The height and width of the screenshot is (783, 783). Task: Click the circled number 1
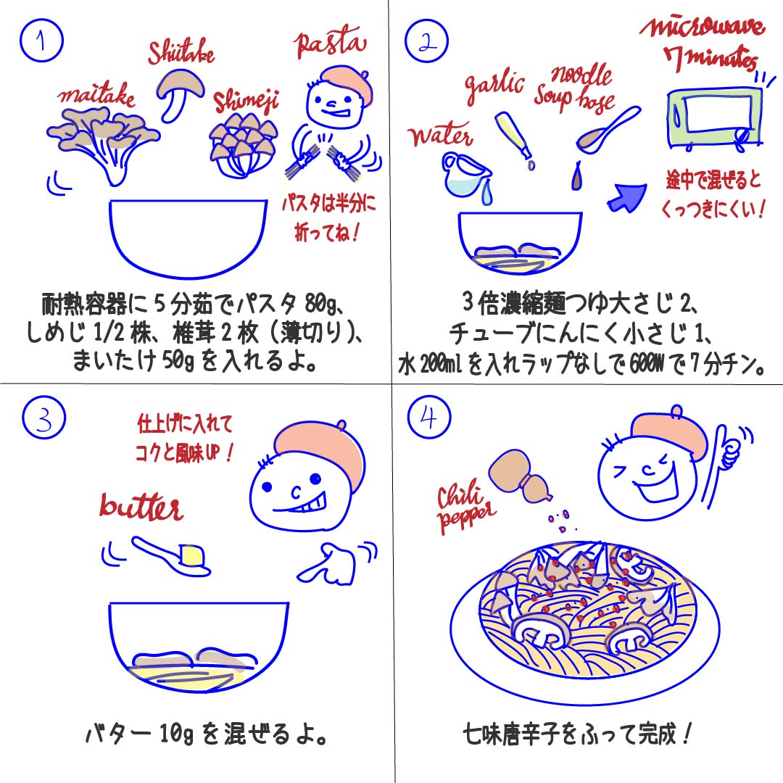[x=41, y=41]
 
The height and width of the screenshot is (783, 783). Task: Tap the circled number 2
[x=426, y=41]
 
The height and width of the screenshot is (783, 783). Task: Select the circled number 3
[x=44, y=418]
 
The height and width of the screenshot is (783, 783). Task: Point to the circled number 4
[x=429, y=417]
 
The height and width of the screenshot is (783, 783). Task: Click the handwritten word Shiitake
[x=181, y=51]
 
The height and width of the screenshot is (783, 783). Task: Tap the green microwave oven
[x=715, y=119]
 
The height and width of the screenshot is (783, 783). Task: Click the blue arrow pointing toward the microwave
[x=627, y=197]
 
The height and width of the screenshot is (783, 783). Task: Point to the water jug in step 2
[x=465, y=175]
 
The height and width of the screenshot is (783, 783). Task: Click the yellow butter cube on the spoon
[x=192, y=555]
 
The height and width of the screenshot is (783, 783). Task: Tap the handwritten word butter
[x=141, y=507]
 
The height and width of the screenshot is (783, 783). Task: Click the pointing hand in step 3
[x=333, y=563]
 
